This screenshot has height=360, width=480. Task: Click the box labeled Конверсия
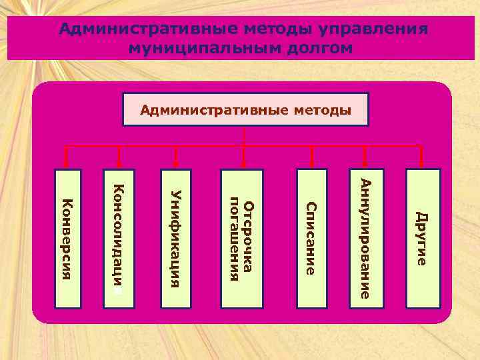(x=68, y=239)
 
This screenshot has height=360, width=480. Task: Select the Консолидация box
(x=119, y=239)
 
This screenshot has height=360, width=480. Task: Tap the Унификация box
(x=176, y=239)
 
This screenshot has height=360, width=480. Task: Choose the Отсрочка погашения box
(x=241, y=239)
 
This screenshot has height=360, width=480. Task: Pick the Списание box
(x=312, y=239)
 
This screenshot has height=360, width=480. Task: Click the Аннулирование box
(x=366, y=239)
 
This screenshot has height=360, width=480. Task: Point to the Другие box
(x=423, y=239)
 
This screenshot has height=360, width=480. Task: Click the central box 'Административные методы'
(x=245, y=109)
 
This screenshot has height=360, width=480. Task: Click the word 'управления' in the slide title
(x=373, y=30)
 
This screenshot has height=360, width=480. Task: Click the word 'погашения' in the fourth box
(x=234, y=239)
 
